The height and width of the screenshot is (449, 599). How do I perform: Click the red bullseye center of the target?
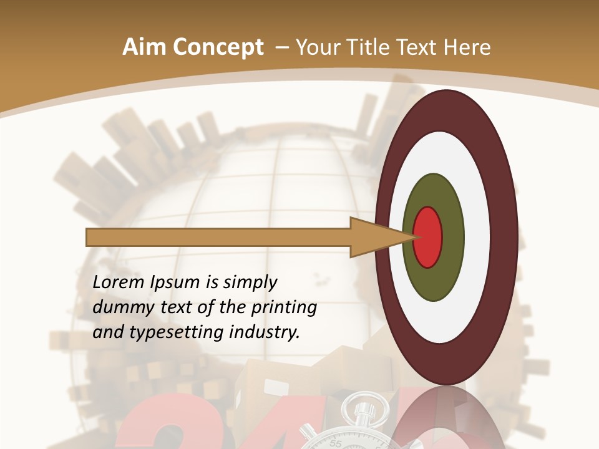[428, 238]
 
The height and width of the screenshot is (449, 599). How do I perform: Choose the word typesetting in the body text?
[168, 333]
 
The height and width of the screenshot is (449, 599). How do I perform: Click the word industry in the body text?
[264, 332]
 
